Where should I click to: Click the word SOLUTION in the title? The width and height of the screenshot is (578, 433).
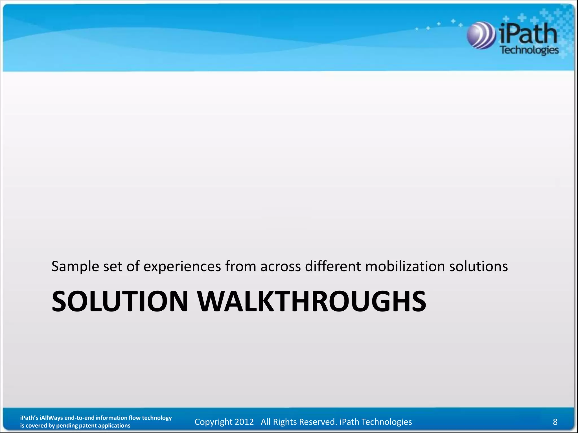(120, 302)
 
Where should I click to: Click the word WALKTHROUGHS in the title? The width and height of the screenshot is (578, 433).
(312, 302)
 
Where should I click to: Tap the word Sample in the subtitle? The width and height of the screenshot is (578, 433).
(75, 267)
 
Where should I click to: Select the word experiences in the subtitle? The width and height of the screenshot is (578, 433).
(182, 267)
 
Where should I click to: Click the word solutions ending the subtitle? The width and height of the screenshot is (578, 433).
(478, 266)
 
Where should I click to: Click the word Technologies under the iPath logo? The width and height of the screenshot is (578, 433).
(529, 50)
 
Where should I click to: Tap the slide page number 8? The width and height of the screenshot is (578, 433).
(555, 422)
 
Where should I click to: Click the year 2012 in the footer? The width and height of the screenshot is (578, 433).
(244, 422)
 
